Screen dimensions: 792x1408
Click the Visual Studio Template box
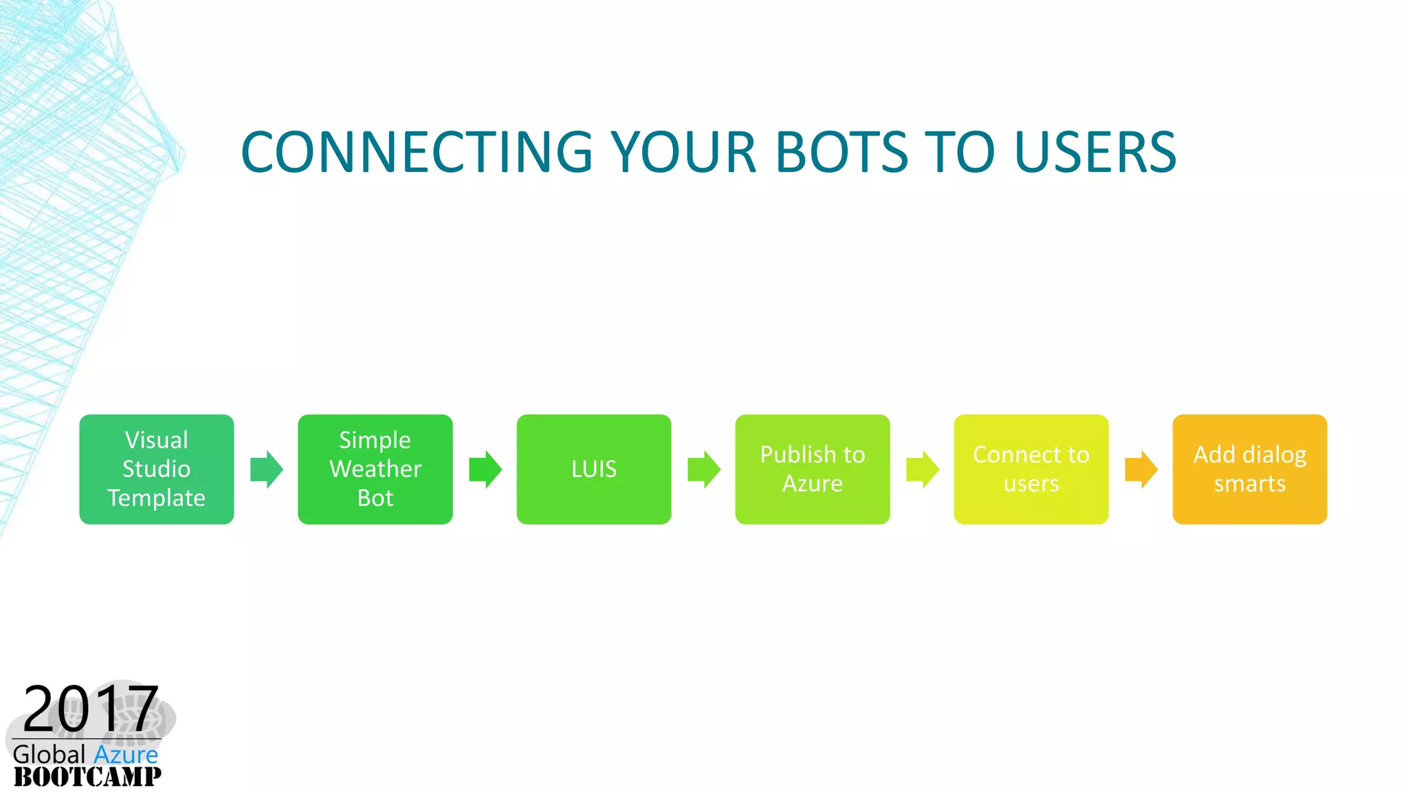pos(157,470)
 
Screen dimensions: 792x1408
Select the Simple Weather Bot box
pos(375,470)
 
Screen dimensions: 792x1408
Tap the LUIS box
pos(594,470)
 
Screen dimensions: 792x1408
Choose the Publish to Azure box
pos(813,470)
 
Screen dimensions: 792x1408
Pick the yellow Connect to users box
pos(1031,470)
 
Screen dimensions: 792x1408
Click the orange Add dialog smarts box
pos(1250,470)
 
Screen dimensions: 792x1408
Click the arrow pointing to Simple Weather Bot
pos(267,470)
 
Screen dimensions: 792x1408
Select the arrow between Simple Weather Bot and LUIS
pos(485,470)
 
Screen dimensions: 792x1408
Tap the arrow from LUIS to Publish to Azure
pos(704,470)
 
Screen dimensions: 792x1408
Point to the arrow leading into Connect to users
pos(923,470)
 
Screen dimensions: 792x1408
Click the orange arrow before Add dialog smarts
pos(1141,470)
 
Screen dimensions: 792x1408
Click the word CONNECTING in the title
pos(417,152)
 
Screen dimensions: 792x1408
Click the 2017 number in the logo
pos(91,709)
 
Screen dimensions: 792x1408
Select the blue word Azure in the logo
pos(126,755)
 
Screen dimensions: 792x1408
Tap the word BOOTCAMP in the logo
pos(87,777)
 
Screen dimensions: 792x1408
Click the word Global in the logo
pos(49,755)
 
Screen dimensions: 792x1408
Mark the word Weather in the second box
pos(375,469)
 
